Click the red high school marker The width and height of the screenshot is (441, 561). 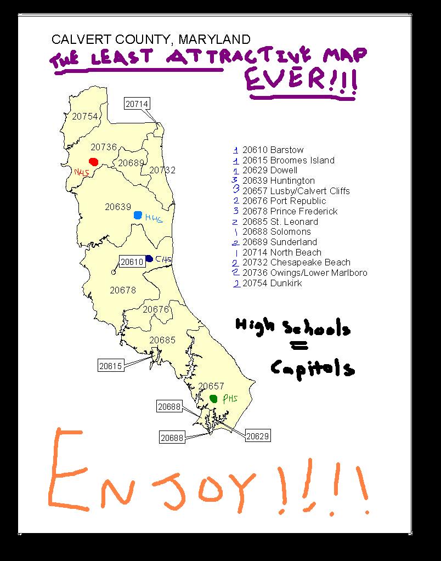(x=94, y=162)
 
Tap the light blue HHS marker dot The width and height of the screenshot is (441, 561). (x=138, y=215)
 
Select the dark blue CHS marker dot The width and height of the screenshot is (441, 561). (x=149, y=258)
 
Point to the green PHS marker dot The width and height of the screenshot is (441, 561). (x=213, y=398)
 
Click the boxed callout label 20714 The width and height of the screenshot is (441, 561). (x=137, y=104)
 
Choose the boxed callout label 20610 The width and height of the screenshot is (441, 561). (x=132, y=262)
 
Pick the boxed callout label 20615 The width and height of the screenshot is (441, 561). (x=111, y=365)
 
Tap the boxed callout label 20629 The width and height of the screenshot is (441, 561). (x=257, y=436)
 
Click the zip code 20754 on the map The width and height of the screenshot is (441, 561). (x=84, y=116)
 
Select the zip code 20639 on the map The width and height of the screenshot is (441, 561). (x=118, y=207)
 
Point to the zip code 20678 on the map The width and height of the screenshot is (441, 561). (x=123, y=290)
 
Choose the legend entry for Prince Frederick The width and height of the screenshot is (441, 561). (x=290, y=211)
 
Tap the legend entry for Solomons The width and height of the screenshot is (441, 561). (x=276, y=231)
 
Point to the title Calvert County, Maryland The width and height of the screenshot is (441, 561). (x=151, y=39)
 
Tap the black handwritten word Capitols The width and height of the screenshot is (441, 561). (x=313, y=367)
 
